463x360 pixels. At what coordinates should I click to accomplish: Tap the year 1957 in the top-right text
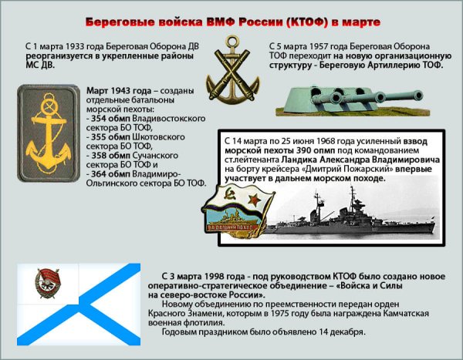pos(316,46)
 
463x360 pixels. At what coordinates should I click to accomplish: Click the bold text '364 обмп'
pos(111,173)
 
